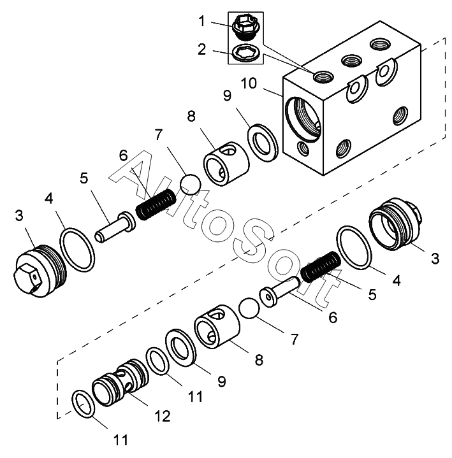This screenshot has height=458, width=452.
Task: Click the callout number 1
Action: pyautogui.click(x=201, y=22)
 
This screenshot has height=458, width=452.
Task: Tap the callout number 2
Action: pyautogui.click(x=201, y=49)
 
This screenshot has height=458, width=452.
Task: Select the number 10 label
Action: pyautogui.click(x=249, y=83)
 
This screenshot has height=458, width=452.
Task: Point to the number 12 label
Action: pyautogui.click(x=163, y=416)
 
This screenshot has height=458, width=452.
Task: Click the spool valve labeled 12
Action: pyautogui.click(x=120, y=382)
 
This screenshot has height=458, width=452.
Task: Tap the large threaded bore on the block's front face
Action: pyautogui.click(x=303, y=119)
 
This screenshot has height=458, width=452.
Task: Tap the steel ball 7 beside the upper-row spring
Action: pyautogui.click(x=191, y=184)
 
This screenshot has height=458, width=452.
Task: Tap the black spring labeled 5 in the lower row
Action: pyautogui.click(x=321, y=266)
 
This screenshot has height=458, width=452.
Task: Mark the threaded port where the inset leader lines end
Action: pyautogui.click(x=323, y=76)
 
